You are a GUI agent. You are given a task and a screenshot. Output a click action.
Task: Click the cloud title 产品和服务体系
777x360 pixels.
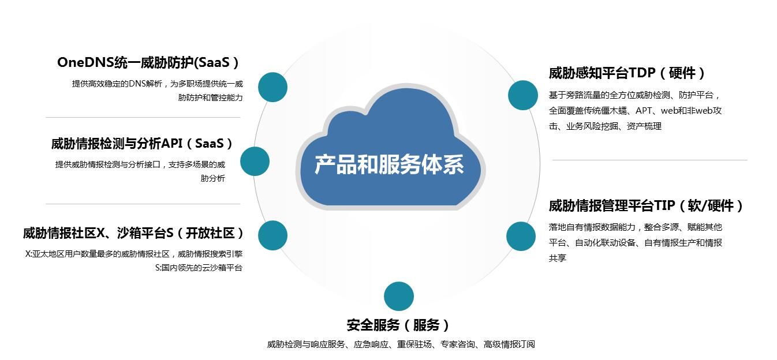[x=389, y=164]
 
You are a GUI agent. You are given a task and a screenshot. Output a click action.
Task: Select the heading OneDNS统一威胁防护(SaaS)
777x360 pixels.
[x=148, y=62]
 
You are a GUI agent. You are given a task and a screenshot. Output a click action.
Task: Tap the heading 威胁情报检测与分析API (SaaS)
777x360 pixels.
[x=142, y=144]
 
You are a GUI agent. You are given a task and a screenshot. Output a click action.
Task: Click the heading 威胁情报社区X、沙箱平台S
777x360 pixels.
[x=133, y=233]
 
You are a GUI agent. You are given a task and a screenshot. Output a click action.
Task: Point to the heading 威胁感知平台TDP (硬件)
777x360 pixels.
[x=627, y=73]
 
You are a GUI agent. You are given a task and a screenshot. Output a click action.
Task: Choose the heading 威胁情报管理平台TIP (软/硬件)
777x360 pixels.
[x=647, y=206]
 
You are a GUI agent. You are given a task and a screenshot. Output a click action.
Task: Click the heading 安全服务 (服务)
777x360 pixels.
[x=398, y=325]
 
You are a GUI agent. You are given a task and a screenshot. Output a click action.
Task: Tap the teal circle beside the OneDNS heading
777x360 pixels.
[x=272, y=87]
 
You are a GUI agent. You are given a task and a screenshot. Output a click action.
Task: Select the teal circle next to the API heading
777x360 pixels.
[x=255, y=161]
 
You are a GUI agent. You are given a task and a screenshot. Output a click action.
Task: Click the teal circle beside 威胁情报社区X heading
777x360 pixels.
[x=272, y=235]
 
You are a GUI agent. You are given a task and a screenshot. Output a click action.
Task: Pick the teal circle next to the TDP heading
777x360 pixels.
[x=523, y=95]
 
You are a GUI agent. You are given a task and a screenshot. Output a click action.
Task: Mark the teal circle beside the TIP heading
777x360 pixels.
[x=521, y=236]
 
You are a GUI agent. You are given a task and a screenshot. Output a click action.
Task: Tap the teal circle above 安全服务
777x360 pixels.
[x=399, y=297]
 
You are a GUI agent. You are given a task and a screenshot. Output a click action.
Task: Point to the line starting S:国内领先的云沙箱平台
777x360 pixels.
[x=199, y=268]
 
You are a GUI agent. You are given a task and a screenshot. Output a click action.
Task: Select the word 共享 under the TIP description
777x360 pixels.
[x=558, y=258]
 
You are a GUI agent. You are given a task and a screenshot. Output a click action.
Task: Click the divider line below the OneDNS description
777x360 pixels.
[x=143, y=118]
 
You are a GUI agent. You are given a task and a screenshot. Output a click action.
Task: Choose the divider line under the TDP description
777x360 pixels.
[x=649, y=160]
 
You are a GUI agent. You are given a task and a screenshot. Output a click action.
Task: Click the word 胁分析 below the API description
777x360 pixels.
[x=213, y=179]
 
